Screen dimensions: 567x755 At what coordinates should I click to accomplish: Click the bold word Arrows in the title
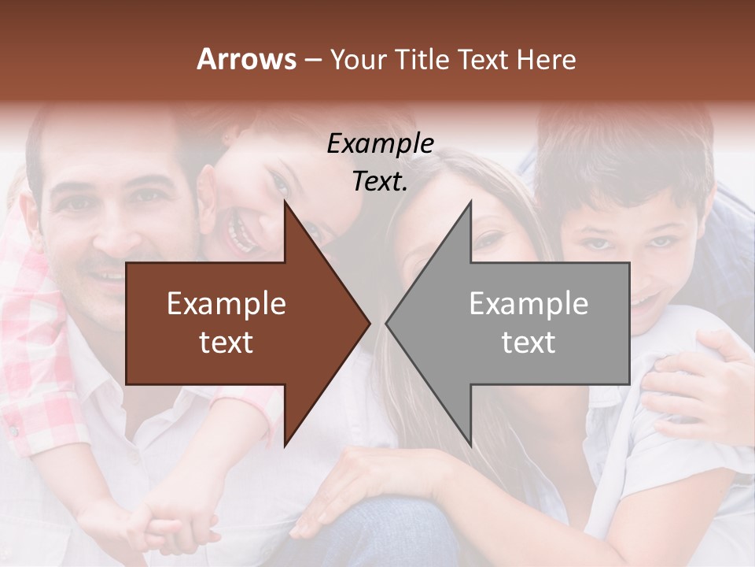(246, 59)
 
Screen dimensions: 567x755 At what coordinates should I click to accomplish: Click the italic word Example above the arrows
(380, 143)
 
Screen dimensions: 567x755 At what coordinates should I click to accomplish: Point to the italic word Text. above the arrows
(380, 181)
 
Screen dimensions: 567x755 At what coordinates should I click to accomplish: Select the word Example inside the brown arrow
(226, 304)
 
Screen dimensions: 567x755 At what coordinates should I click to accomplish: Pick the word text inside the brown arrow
(226, 343)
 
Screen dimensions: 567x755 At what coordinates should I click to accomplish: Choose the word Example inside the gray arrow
(528, 304)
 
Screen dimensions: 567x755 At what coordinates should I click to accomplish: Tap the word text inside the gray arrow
(528, 343)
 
